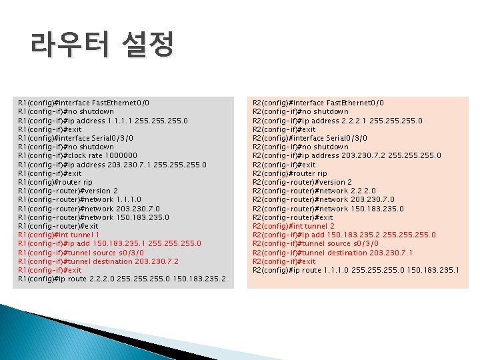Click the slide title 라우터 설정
tap(101, 46)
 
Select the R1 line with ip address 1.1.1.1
tap(103, 121)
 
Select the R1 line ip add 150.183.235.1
tap(110, 243)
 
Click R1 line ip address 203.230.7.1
tap(113, 164)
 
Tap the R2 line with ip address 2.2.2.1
tap(337, 121)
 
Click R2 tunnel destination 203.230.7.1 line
tap(333, 252)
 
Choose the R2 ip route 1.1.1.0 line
tap(357, 270)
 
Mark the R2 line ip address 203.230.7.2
tap(347, 155)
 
